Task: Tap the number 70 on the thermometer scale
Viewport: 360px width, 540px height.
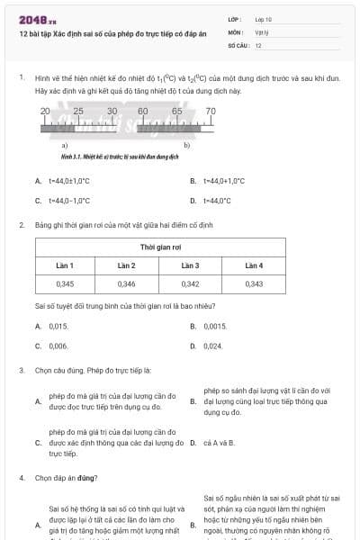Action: click(211, 111)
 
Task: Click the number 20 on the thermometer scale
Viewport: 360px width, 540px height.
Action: click(45, 111)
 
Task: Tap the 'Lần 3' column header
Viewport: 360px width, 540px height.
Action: click(190, 265)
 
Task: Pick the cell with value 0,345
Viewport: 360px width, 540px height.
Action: click(65, 284)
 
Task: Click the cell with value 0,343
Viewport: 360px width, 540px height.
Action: click(254, 284)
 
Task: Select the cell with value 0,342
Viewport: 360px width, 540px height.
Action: click(190, 284)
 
